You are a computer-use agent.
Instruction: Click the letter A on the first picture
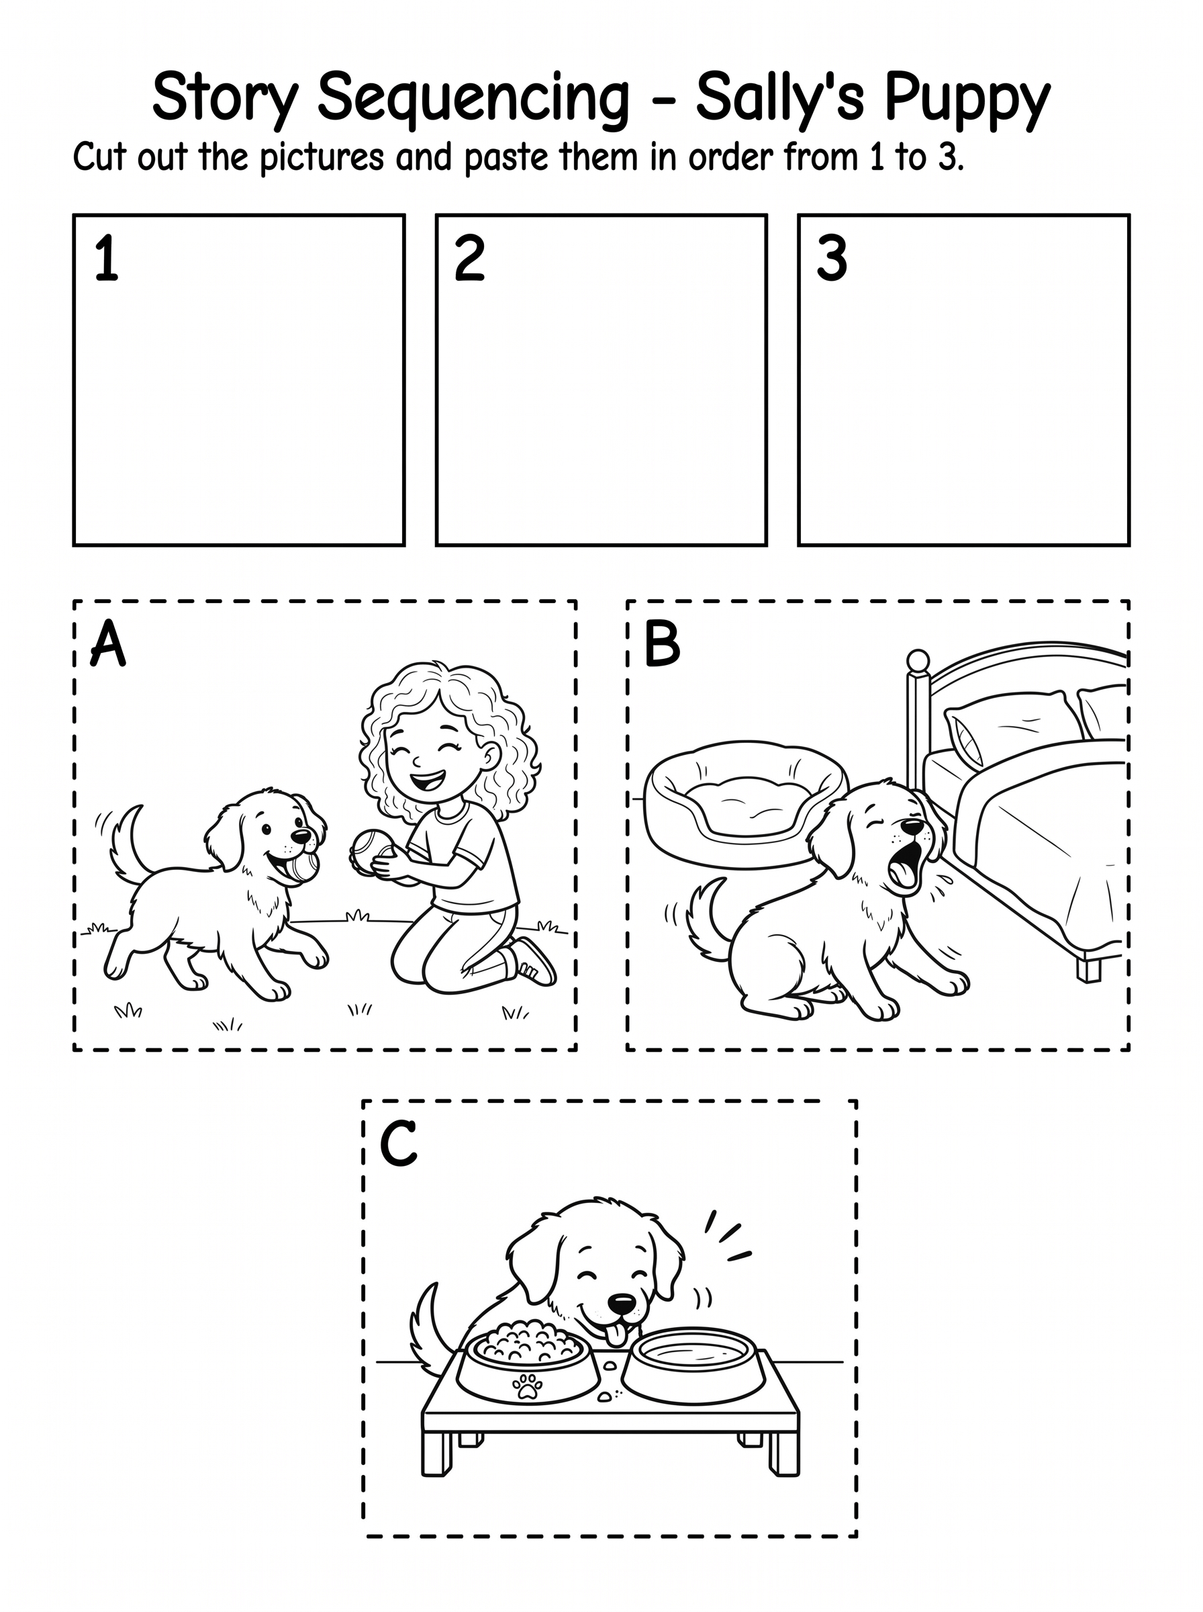point(108,644)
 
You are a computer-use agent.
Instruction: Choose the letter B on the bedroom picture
point(663,644)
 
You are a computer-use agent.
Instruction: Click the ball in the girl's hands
point(369,850)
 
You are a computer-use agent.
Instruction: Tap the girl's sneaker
point(533,962)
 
